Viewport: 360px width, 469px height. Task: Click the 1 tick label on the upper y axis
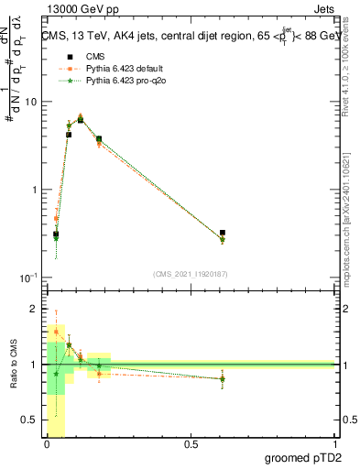(x=35, y=190)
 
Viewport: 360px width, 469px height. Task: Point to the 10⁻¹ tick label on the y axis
(x=30, y=278)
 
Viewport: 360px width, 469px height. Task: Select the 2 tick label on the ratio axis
(x=35, y=308)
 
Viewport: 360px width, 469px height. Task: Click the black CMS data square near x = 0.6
(x=223, y=234)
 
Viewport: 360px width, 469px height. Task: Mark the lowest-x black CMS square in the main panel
(x=56, y=234)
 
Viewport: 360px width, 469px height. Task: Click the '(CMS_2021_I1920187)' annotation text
(x=191, y=273)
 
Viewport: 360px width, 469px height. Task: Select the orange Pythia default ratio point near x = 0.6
(x=223, y=378)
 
